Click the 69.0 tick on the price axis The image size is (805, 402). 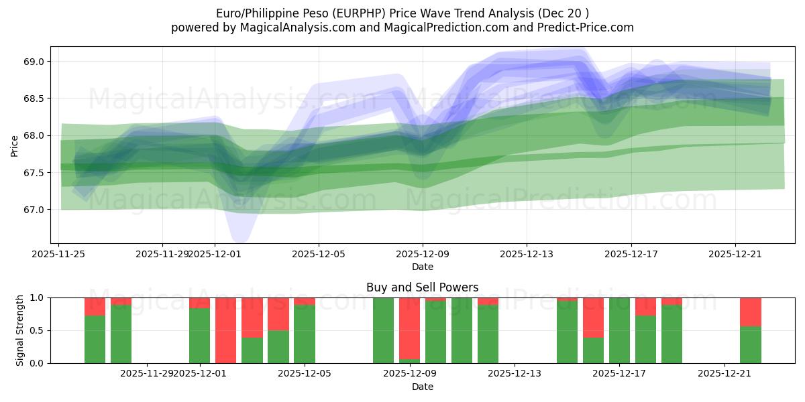34,62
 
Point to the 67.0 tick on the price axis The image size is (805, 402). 34,210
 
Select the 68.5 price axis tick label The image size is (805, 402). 34,98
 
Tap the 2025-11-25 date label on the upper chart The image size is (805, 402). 58,254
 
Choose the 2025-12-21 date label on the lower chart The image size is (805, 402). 724,373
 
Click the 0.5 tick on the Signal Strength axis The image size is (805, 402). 36,330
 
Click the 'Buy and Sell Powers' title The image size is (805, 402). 422,287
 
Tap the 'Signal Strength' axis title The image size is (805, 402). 20,330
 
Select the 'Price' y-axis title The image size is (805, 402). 15,145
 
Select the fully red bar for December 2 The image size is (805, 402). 225,330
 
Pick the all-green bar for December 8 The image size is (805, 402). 383,330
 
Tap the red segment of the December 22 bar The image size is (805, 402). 751,312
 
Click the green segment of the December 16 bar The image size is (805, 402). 593,350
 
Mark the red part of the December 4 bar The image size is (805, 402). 278,314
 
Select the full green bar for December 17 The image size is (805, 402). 619,330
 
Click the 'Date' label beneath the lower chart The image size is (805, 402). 422,387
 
